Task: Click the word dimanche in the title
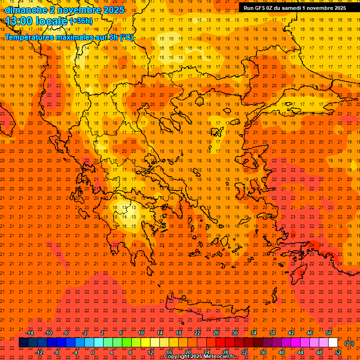click(26, 10)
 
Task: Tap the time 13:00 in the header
click(21, 21)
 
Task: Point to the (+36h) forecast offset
click(81, 21)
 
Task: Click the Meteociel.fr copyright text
click(199, 357)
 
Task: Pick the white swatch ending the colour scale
click(333, 343)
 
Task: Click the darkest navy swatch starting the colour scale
click(23, 343)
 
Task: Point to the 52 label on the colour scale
click(337, 352)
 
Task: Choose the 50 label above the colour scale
click(329, 333)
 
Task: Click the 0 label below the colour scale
click(93, 352)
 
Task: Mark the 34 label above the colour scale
click(254, 333)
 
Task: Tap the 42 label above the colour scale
click(291, 333)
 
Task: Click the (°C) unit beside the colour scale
click(349, 343)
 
